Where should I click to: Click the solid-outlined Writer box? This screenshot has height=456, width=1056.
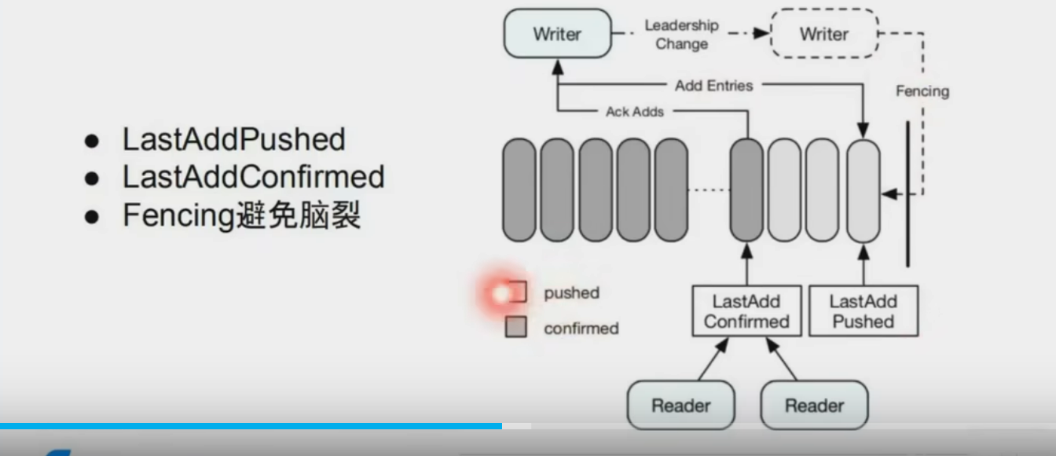point(557,34)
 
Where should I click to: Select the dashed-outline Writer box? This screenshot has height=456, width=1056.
point(823,34)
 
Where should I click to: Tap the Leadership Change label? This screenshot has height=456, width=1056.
point(681,35)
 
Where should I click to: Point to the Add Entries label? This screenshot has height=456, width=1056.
point(713,86)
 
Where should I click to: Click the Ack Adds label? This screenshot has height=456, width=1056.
point(635,112)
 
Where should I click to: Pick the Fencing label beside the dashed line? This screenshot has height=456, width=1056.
point(922,91)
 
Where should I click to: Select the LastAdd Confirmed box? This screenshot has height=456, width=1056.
point(746,311)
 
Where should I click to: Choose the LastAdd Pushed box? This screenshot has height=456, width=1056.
point(863,311)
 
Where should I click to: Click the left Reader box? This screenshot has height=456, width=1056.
point(680,406)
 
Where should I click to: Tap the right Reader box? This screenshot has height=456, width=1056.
point(814,406)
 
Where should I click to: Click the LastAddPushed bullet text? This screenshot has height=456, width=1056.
point(233,140)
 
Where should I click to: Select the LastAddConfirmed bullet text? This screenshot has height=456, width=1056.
point(253,177)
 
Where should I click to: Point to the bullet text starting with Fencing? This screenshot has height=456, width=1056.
point(241,214)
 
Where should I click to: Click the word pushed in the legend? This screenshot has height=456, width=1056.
point(571,293)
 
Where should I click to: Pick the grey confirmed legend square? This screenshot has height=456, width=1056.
point(515,328)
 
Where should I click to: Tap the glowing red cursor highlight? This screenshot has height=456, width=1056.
point(501,294)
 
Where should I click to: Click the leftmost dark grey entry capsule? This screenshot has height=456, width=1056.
point(519,189)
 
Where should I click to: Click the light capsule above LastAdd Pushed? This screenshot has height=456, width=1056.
point(863,189)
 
